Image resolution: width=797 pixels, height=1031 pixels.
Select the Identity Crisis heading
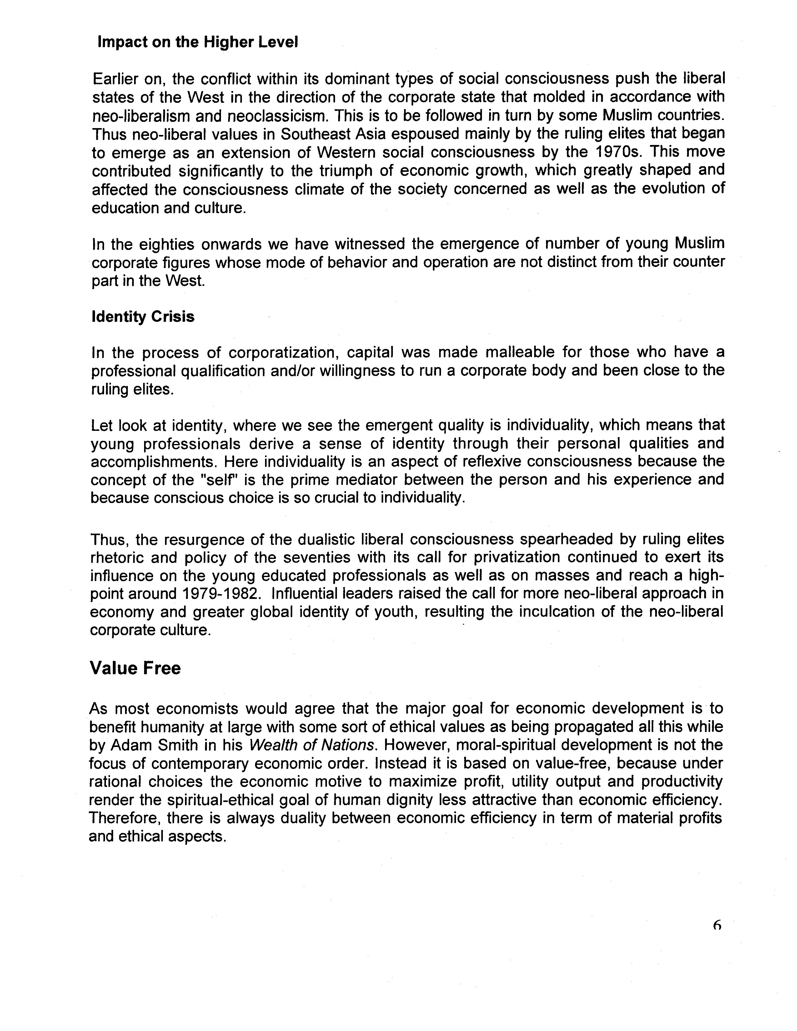pyautogui.click(x=143, y=316)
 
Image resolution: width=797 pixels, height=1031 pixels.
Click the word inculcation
pyautogui.click(x=541, y=612)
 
